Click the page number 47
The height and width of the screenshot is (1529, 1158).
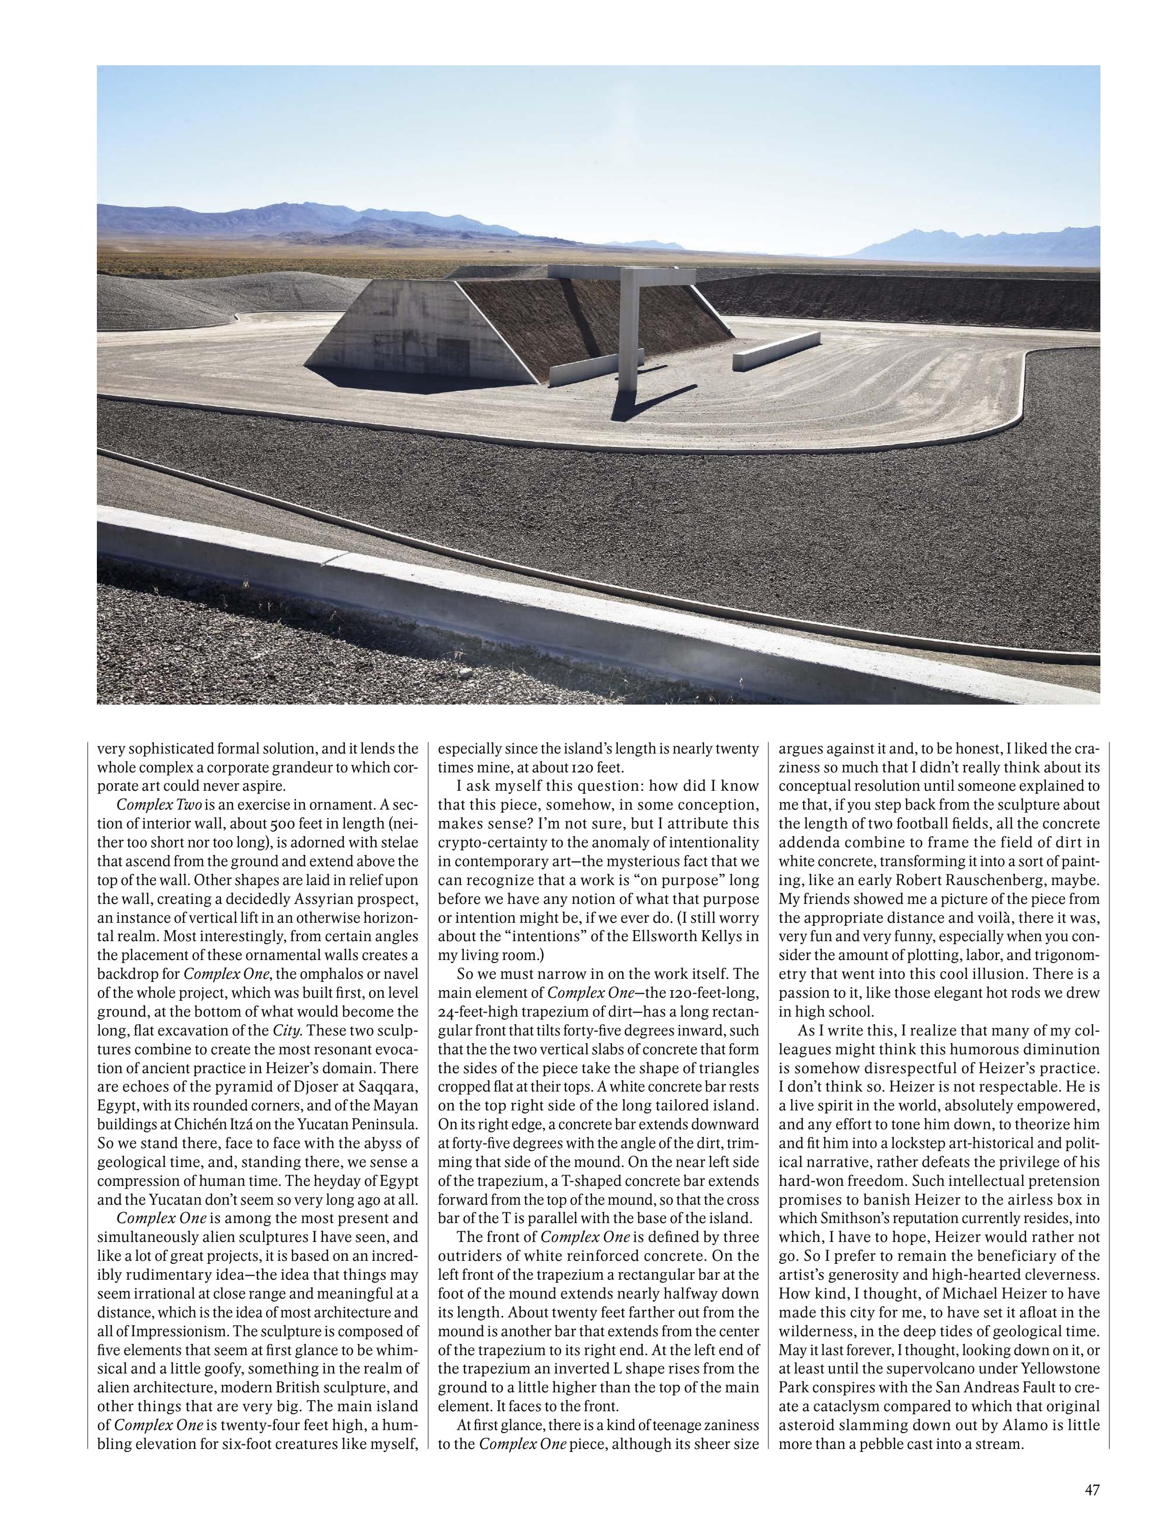coord(1092,1484)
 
